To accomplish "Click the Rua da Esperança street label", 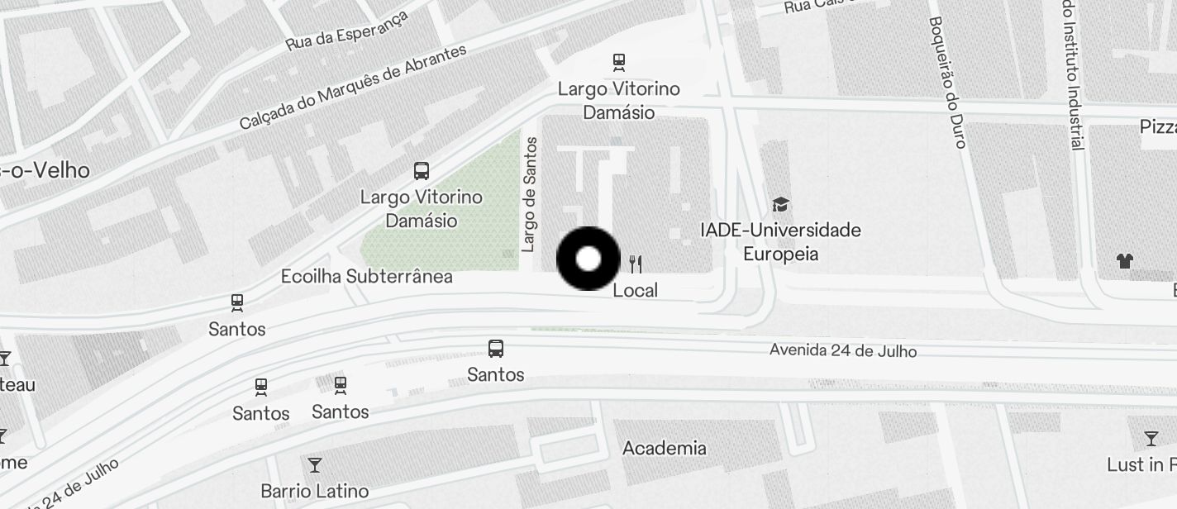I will (x=347, y=31).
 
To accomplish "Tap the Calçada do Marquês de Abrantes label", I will (x=353, y=86).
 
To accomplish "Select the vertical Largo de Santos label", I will (x=530, y=195).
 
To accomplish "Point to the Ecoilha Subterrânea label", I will (x=366, y=276).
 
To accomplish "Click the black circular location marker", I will (x=588, y=259).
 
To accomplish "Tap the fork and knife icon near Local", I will (x=635, y=264).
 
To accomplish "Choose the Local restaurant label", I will (x=635, y=290).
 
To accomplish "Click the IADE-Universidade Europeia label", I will (x=780, y=241).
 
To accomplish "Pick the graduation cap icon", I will (x=780, y=204).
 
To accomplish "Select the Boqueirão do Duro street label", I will (x=946, y=82).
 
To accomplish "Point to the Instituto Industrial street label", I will (x=1072, y=75).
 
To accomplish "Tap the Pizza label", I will (x=1157, y=126).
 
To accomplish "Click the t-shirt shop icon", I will (x=1124, y=261).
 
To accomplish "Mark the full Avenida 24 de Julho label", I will (x=842, y=350).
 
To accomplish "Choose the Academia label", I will (x=664, y=448).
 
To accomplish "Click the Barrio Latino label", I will (x=314, y=491).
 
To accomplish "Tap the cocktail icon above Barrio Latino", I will (x=314, y=464).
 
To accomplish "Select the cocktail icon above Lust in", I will (x=1151, y=438).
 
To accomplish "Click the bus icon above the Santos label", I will (x=496, y=349).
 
